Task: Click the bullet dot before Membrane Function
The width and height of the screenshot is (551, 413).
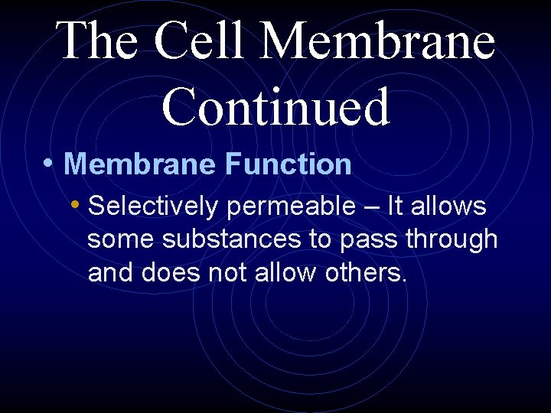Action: point(48,163)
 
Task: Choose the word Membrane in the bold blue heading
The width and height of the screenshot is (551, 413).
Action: point(141,164)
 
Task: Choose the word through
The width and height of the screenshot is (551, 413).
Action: point(452,239)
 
